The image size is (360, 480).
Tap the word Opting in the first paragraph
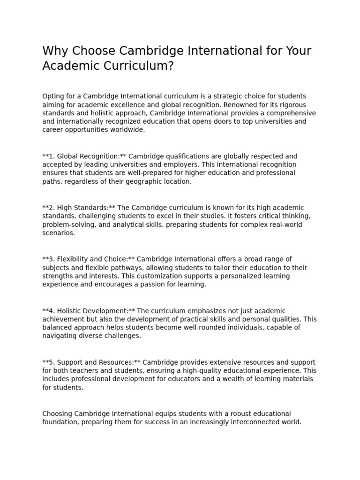click(x=52, y=96)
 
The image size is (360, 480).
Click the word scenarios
click(x=58, y=233)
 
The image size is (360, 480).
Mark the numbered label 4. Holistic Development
click(x=89, y=311)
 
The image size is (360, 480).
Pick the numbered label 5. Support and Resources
click(x=91, y=362)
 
